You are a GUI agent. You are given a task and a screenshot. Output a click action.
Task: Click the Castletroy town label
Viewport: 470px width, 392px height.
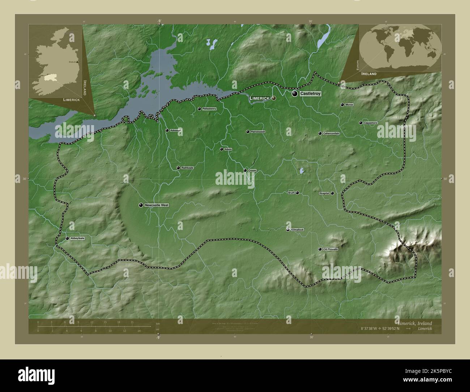click(310, 94)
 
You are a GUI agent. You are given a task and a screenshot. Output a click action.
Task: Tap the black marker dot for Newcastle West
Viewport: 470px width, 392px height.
click(141, 205)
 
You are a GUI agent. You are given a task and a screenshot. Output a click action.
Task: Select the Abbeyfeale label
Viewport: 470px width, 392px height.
click(77, 239)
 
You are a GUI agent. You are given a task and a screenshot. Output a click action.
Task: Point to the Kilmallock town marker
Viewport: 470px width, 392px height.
click(288, 230)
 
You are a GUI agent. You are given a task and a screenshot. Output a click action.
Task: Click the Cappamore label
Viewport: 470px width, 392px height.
click(371, 123)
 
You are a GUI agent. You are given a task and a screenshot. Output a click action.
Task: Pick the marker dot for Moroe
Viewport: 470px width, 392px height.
click(342, 105)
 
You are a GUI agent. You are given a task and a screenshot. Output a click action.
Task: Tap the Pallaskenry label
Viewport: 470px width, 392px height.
click(209, 109)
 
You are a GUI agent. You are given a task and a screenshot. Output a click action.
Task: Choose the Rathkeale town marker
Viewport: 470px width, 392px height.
click(178, 168)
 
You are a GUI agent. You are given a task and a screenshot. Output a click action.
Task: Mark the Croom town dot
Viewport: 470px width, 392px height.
click(245, 170)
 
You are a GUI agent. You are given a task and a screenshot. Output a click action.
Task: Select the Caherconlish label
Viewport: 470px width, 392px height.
click(331, 133)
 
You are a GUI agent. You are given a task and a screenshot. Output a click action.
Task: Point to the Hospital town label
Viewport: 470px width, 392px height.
click(324, 193)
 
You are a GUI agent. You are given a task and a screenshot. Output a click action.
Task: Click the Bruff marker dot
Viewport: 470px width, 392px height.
click(297, 193)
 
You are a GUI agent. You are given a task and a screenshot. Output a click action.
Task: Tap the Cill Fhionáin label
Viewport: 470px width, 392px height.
click(330, 250)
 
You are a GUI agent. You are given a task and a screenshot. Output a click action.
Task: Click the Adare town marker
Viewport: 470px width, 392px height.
click(222, 149)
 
